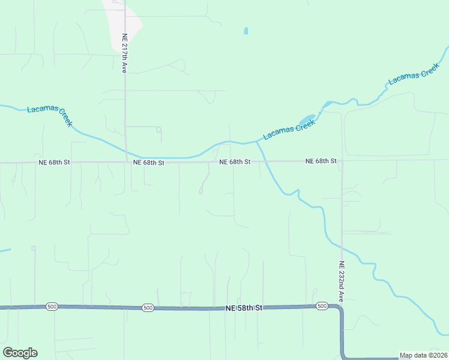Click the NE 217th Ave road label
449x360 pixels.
click(x=125, y=53)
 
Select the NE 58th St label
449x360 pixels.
click(x=244, y=308)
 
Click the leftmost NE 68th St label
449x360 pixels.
click(x=55, y=162)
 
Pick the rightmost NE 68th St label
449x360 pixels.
click(x=321, y=161)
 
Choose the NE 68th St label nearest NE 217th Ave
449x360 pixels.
click(x=148, y=163)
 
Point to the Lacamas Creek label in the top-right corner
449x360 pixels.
click(x=414, y=74)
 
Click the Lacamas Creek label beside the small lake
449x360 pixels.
click(x=289, y=129)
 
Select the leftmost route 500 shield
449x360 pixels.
click(x=52, y=307)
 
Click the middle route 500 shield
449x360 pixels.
click(x=148, y=308)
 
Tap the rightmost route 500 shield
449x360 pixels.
click(x=322, y=307)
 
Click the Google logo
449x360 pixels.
click(x=20, y=353)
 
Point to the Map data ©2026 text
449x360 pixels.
click(x=424, y=355)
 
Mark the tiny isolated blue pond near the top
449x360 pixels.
click(x=246, y=31)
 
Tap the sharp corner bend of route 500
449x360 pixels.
click(x=341, y=310)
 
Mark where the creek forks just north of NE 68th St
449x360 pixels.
click(x=258, y=142)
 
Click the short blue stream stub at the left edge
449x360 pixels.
click(x=5, y=251)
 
